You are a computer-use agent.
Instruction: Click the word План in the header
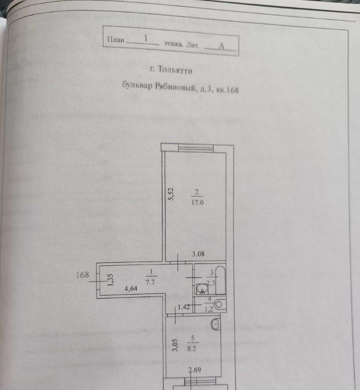coord(115,39)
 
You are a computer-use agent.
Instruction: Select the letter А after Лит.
coord(220,45)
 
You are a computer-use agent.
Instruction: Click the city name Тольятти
coord(172,71)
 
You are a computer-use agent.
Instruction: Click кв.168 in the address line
coord(228,90)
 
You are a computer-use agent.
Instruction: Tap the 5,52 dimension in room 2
coord(170,193)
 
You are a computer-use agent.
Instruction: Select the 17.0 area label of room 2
coord(197,203)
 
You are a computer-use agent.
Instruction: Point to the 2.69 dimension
coord(195,370)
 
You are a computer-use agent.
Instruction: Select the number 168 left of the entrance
coord(82,274)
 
